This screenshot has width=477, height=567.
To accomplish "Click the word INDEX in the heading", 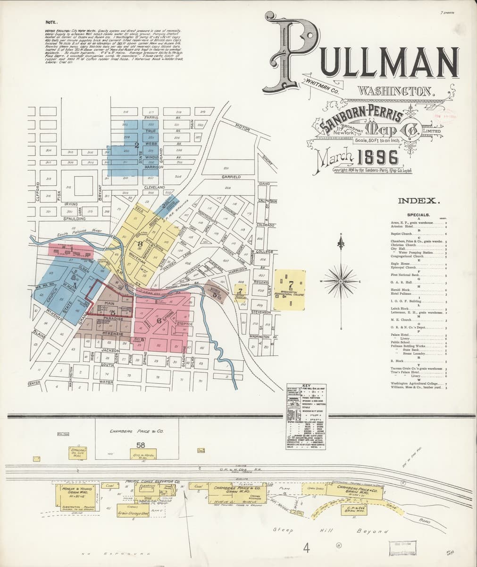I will coord(419,201).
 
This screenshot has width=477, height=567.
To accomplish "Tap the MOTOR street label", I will coord(242,127).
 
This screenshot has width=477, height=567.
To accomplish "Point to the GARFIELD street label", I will coord(231,177).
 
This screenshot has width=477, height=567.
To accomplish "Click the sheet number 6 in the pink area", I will coord(152,321).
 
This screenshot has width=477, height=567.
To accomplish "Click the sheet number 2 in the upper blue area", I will coord(136,145).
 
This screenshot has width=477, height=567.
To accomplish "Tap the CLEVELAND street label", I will coord(154,188).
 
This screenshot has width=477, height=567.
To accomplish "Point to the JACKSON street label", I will coord(109,350).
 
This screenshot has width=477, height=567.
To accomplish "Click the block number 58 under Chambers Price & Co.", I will coord(141,445).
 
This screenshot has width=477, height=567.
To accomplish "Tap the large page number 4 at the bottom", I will coord(307,548).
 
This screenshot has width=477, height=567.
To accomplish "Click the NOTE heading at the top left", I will coord(51,22).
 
